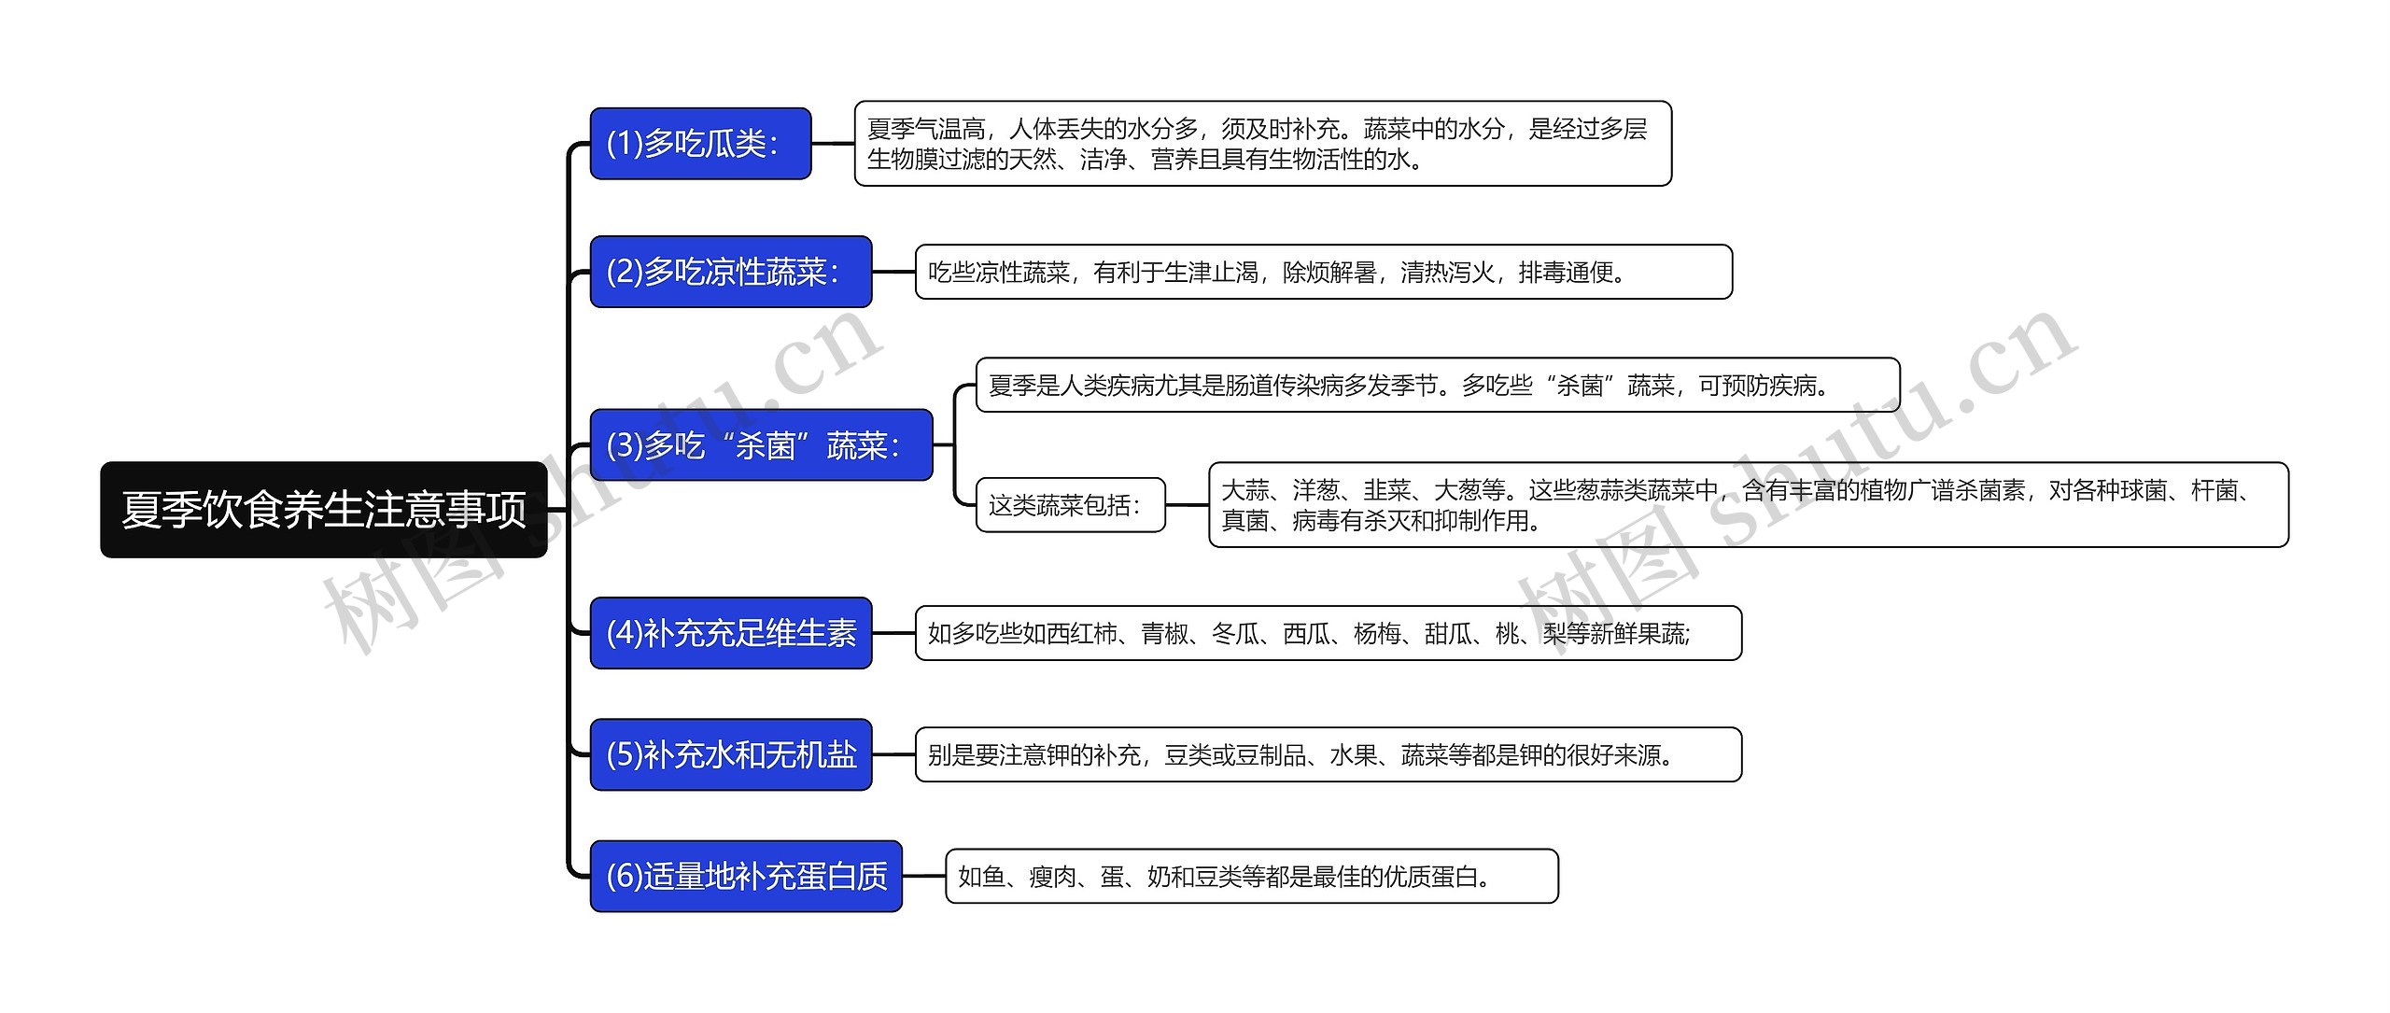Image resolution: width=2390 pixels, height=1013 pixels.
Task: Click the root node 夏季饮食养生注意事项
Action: coord(323,510)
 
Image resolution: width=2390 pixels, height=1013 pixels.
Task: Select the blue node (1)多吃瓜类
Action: coord(700,144)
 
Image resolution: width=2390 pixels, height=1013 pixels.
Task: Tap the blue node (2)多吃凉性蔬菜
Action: coord(730,272)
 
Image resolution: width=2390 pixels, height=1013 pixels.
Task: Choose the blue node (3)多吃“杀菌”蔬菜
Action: coord(761,445)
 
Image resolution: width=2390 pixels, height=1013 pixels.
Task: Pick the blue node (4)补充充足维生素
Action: coord(730,633)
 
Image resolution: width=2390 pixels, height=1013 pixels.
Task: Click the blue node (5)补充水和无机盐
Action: coord(730,754)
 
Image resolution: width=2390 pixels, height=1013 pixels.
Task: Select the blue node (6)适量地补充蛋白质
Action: coord(745,876)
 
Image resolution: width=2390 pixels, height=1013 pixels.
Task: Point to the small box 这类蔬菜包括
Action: coord(1070,505)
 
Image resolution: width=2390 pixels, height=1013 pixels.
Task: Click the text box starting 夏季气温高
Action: coord(1262,144)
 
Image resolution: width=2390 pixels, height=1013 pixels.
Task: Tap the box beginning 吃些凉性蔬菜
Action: coord(1323,272)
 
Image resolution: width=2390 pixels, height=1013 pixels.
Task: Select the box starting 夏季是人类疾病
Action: coord(1437,385)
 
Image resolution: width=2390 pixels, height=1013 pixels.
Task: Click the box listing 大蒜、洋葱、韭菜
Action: coord(1748,505)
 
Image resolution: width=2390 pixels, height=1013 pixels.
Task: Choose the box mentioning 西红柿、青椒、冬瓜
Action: coord(1328,633)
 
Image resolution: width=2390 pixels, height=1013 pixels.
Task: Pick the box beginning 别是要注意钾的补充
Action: coord(1328,754)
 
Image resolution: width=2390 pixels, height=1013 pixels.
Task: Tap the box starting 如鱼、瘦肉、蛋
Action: coord(1251,876)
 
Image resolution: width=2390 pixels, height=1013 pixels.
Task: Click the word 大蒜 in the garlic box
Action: coord(1244,490)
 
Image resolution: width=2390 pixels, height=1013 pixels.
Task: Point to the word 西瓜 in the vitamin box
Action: coord(1305,634)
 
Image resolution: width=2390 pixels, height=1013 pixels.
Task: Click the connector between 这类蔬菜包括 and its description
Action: coord(1187,505)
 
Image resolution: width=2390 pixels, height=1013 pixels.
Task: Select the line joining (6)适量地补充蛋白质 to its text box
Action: coord(923,876)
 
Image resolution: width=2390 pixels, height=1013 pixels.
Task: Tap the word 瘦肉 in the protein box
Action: coord(1052,877)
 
